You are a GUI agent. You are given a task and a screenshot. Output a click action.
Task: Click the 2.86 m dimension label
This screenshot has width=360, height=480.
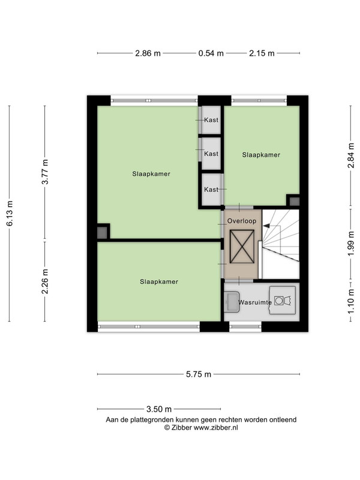pyautogui.click(x=148, y=53)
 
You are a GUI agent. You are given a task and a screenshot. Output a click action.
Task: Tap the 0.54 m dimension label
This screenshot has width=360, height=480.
pyautogui.click(x=211, y=53)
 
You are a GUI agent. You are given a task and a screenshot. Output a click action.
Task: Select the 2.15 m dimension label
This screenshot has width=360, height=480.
pyautogui.click(x=262, y=53)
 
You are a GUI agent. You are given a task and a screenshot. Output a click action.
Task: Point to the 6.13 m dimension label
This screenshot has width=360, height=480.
pyautogui.click(x=10, y=214)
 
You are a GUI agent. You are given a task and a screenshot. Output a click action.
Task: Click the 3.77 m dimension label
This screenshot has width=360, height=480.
pyautogui.click(x=45, y=172)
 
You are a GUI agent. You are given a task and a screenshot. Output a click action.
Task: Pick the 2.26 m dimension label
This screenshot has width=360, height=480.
pyautogui.click(x=45, y=281)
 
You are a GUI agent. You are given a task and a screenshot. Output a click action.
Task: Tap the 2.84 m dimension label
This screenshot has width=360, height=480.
pyautogui.click(x=351, y=156)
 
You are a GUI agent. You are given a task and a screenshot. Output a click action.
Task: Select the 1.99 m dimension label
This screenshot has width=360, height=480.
pyautogui.click(x=351, y=244)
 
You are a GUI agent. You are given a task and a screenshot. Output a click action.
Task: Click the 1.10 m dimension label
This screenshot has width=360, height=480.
pyautogui.click(x=351, y=302)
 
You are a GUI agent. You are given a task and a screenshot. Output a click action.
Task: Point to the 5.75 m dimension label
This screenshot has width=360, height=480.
pyautogui.click(x=199, y=374)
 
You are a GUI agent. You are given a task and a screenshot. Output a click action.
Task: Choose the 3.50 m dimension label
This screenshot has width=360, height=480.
pyautogui.click(x=159, y=409)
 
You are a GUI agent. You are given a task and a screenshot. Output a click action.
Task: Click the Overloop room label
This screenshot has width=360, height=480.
pyautogui.click(x=242, y=221)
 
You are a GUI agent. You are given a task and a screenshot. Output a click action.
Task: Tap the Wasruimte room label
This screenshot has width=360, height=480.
pyautogui.click(x=255, y=302)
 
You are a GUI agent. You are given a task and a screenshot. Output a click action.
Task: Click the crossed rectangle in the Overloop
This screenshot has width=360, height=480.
pyautogui.click(x=242, y=247)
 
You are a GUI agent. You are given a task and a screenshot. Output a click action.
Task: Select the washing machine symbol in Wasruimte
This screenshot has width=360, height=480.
pyautogui.click(x=283, y=301)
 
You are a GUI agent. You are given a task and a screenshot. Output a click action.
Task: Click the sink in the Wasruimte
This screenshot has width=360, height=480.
pyautogui.click(x=232, y=302)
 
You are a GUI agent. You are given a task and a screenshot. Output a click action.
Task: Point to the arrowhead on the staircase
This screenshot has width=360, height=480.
pyautogui.click(x=266, y=226)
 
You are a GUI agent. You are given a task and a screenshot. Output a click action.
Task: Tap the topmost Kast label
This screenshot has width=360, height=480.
pyautogui.click(x=211, y=120)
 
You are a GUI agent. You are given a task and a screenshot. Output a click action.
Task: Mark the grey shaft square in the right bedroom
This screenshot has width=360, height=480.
pyautogui.click(x=295, y=202)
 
